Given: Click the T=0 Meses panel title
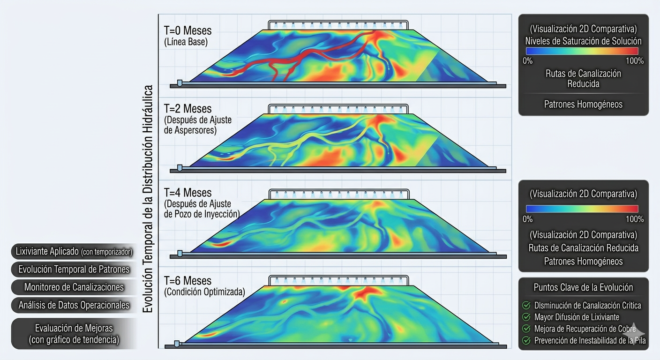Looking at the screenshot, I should (x=187, y=31).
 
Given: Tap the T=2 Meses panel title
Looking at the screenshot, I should (x=187, y=109).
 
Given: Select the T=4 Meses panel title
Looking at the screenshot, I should (x=187, y=193).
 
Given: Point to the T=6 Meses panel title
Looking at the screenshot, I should (x=187, y=281).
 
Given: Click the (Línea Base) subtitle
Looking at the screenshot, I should (x=186, y=42).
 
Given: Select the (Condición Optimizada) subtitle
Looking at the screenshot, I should (x=204, y=292).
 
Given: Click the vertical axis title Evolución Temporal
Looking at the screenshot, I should (x=149, y=199).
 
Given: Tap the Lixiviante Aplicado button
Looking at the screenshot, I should (x=74, y=252).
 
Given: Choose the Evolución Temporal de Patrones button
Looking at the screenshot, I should (x=74, y=269).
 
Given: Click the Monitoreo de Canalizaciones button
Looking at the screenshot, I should (x=74, y=287).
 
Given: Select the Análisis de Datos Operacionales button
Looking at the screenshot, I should (x=74, y=305).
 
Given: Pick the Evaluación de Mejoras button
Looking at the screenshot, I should (x=74, y=333).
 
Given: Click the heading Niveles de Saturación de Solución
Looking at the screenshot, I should (x=583, y=41).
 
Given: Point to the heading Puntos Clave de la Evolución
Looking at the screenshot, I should (x=583, y=287).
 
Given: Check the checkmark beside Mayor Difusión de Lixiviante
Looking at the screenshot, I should (x=526, y=317).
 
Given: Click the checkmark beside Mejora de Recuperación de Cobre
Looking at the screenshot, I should (x=526, y=329).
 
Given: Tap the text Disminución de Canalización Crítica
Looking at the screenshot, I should (x=588, y=306).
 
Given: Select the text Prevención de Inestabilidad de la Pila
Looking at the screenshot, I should (x=590, y=341).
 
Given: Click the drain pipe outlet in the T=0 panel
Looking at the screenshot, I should (x=180, y=83).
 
